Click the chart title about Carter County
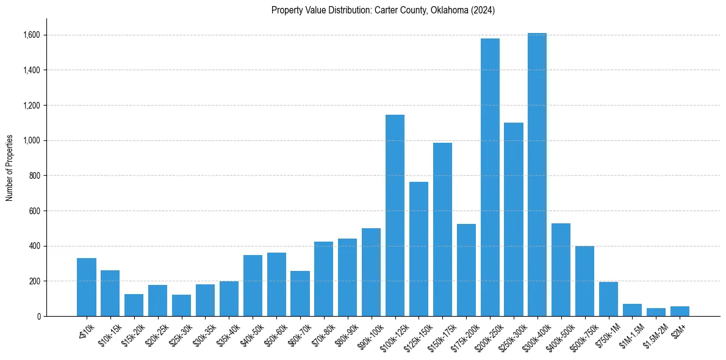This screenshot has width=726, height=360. pos(383,10)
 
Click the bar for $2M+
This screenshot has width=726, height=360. pos(680,311)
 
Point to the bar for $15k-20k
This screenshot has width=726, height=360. pos(134,305)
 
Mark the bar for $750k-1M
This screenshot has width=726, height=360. pos(608,299)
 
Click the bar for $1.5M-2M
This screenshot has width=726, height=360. pos(656,312)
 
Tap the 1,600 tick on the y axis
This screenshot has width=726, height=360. pos(32,35)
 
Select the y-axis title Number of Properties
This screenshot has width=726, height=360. pos(10,168)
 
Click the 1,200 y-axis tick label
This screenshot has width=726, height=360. pos(32,106)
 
